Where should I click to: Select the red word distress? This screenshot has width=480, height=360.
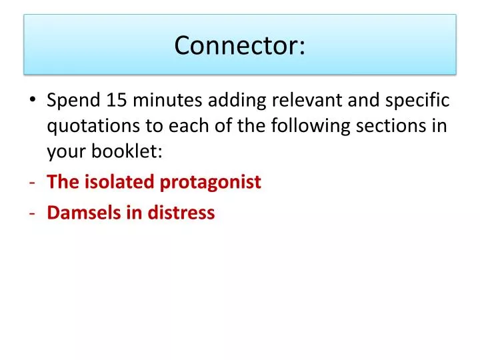pyautogui.click(x=184, y=213)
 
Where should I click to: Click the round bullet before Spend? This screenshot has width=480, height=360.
pyautogui.click(x=34, y=101)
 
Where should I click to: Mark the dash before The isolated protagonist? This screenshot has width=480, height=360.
pyautogui.click(x=33, y=183)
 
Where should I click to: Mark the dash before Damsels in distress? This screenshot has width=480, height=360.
pyautogui.click(x=33, y=213)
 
